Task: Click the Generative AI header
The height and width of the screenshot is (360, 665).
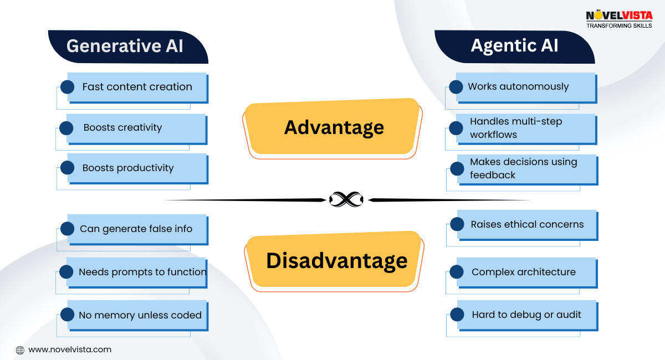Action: [125, 46]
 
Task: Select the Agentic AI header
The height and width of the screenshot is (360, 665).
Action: [514, 46]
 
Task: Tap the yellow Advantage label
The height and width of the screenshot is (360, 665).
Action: [334, 127]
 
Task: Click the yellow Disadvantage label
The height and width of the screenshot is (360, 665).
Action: [336, 260]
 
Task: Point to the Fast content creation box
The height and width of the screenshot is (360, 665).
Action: [137, 87]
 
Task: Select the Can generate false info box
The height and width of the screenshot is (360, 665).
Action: [136, 229]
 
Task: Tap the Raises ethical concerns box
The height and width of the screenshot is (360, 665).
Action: [526, 224]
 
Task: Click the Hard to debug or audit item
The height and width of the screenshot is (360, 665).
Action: [526, 315]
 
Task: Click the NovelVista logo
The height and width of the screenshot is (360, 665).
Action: [619, 19]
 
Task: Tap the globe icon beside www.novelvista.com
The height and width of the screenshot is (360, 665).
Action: [20, 350]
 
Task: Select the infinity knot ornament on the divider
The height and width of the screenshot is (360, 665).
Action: [346, 199]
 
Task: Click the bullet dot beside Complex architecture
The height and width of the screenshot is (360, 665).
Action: [457, 272]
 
